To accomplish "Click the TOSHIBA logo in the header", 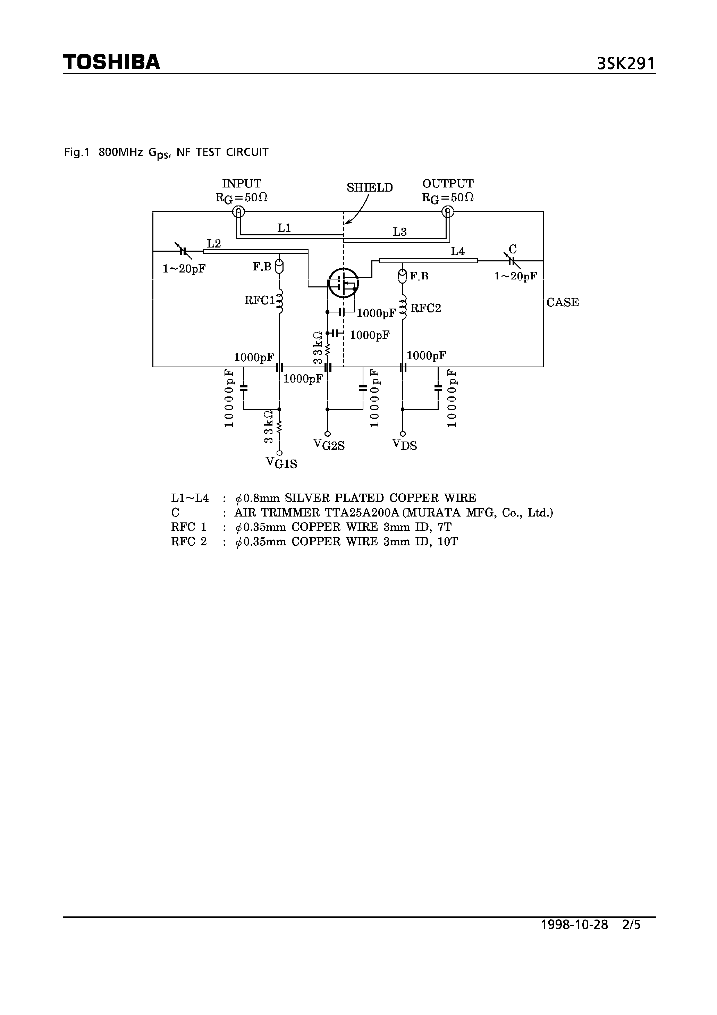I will pos(111,62).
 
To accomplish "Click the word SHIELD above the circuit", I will pos(370,188).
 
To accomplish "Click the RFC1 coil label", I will pos(260,301).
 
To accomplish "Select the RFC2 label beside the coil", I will pos(426,308).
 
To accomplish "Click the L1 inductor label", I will pos(284,228).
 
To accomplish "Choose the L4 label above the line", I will pos(457,252).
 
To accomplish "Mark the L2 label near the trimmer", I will pos(213,244).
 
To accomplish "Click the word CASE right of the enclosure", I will pos(562,302).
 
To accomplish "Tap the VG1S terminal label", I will pos(281,463).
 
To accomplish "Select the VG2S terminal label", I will pos(328,445).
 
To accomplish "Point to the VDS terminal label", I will pos(404,445).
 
